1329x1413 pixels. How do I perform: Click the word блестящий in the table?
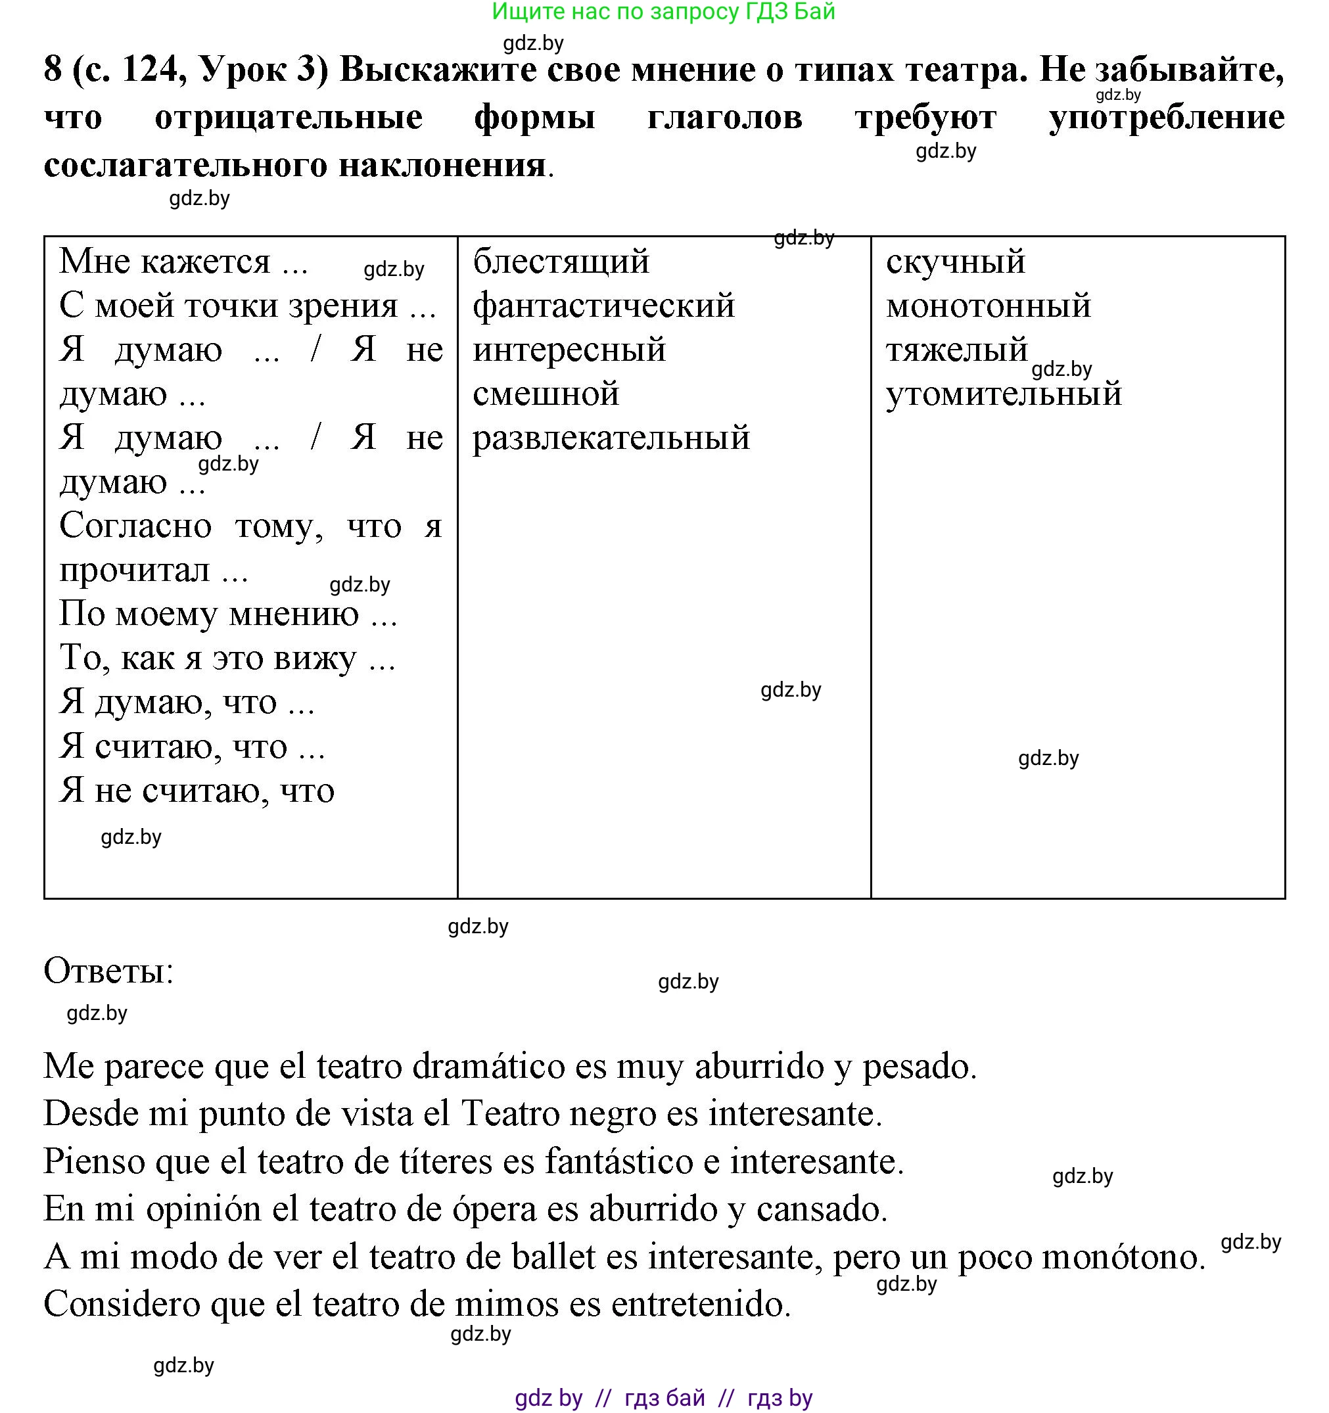tap(561, 262)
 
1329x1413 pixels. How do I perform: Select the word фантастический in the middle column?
tap(603, 306)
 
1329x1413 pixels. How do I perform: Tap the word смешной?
tap(546, 394)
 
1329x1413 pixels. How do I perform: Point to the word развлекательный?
tap(611, 438)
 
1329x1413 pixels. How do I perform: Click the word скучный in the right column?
tap(955, 262)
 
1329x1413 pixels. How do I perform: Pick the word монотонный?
tap(988, 306)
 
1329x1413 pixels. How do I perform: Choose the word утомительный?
tap(1004, 394)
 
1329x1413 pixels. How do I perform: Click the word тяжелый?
tap(956, 350)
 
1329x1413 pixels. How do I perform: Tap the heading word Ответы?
tap(108, 970)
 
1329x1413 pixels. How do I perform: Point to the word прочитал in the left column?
tap(135, 570)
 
